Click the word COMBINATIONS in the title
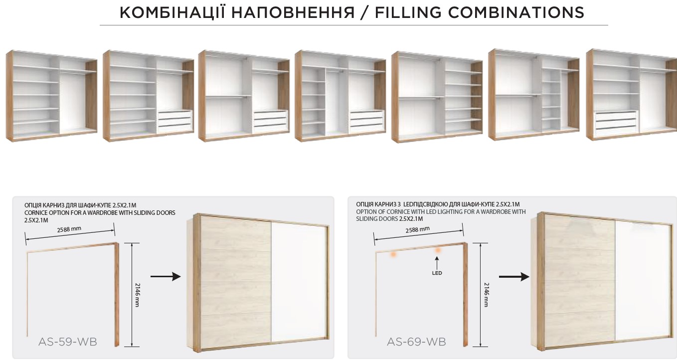coord(516,12)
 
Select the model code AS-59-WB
coord(68,342)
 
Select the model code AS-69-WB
coord(416,342)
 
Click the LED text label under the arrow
coord(437,273)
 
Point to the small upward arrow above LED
coord(437,262)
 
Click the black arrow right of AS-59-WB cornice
coord(166,276)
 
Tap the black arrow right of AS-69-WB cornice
coord(514,277)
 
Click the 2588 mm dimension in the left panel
coord(69,229)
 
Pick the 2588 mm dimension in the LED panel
coord(417,229)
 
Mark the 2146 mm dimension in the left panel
coord(137,295)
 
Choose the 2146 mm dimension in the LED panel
coord(486,295)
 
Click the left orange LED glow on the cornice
coord(393,254)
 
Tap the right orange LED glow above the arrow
coord(438,250)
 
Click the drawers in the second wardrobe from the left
coord(175,121)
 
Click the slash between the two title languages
coord(365,12)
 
